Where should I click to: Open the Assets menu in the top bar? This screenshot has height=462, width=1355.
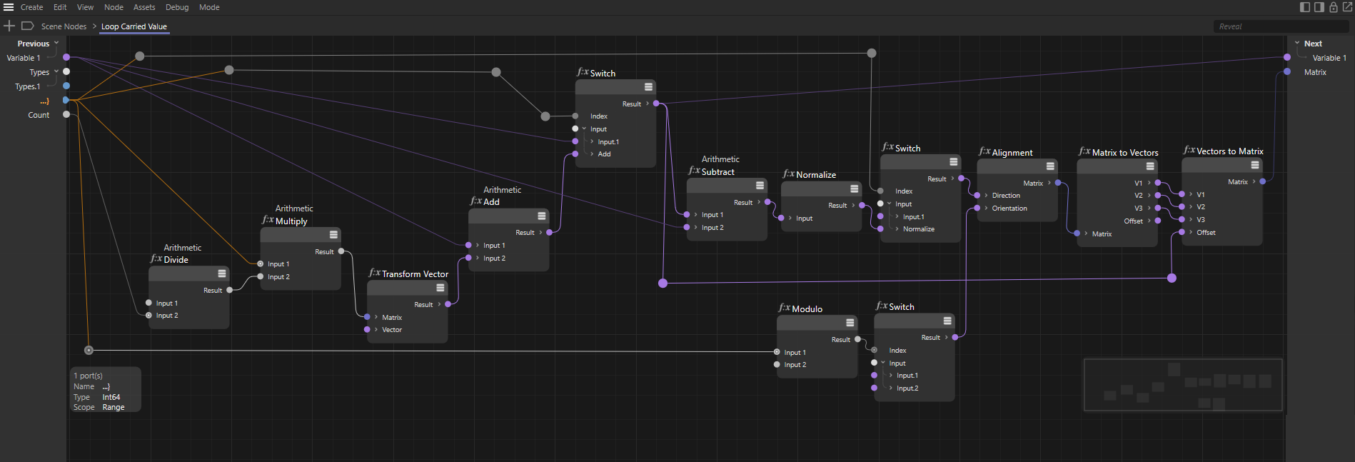pos(144,7)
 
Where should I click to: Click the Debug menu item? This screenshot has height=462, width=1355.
pos(177,7)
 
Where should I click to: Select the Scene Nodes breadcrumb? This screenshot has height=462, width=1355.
pos(64,26)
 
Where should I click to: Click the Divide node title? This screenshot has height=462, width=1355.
pos(176,260)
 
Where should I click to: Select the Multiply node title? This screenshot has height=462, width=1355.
pos(291,221)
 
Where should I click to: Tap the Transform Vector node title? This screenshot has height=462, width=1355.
pos(415,274)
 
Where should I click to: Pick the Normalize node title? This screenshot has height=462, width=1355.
pos(816,175)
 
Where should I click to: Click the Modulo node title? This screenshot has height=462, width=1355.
pos(807,309)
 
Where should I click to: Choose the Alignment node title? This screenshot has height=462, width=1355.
pos(1012,153)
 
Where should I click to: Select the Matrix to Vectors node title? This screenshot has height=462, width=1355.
pos(1125,153)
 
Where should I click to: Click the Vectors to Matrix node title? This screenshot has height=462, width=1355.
pos(1229,151)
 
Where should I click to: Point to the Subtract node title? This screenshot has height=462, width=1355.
pos(717,172)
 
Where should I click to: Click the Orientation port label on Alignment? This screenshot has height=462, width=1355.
pos(1009,209)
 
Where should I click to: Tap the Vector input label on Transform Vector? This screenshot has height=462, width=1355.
pos(392,330)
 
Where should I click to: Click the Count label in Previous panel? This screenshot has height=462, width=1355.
pos(39,115)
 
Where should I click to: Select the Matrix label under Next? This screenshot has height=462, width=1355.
pos(1315,72)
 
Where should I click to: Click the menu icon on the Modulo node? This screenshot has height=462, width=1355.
pos(850,323)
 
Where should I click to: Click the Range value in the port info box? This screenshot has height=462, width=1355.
pos(114,407)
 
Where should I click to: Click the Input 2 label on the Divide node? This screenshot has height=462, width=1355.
pos(167,316)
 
